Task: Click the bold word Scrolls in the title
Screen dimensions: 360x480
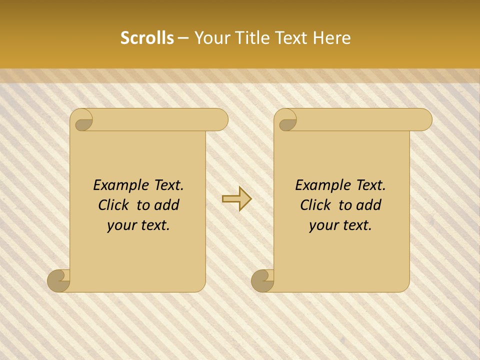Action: click(x=147, y=38)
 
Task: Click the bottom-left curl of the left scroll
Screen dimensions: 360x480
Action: click(x=59, y=281)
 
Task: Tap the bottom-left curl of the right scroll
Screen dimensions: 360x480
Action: click(x=263, y=281)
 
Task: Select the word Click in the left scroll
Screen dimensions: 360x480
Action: click(x=114, y=205)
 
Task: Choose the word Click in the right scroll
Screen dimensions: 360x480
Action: click(x=316, y=205)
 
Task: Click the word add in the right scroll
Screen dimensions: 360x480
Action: click(x=369, y=205)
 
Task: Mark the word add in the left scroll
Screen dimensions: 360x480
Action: click(x=167, y=205)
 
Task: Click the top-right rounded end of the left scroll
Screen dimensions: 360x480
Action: click(x=218, y=120)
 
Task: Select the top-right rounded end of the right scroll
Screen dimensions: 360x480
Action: click(x=422, y=120)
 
